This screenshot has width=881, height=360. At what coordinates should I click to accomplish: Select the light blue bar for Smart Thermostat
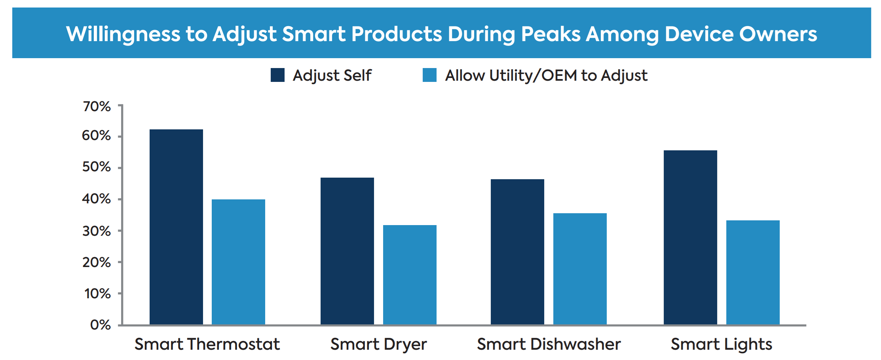238,262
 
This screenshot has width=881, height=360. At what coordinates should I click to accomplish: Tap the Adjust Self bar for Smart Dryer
347,251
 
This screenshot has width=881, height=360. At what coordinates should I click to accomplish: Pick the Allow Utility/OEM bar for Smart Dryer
410,275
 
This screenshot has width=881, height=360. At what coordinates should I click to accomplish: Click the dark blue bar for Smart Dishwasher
517,252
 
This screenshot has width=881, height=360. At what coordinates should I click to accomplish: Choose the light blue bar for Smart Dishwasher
580,269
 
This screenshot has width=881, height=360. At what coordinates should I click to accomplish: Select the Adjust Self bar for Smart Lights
690,237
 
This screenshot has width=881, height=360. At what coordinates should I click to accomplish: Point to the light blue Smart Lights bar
753,273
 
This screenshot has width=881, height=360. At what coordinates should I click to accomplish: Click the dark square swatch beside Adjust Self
277,75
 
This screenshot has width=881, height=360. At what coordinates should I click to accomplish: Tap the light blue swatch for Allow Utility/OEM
429,75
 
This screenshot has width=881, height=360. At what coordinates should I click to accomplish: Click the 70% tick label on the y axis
97,106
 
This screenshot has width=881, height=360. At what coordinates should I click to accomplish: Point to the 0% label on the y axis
100,325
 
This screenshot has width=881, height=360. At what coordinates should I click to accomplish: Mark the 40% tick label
96,199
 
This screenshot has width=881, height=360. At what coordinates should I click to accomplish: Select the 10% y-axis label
97,294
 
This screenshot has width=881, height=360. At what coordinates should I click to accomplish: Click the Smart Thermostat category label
207,344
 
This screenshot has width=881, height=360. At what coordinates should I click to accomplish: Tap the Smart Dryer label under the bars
378,344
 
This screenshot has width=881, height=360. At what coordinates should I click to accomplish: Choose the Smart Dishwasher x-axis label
549,344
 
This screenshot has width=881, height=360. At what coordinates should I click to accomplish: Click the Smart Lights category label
721,344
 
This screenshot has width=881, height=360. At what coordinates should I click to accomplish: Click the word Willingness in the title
123,34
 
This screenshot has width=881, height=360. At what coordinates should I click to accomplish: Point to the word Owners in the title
778,34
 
